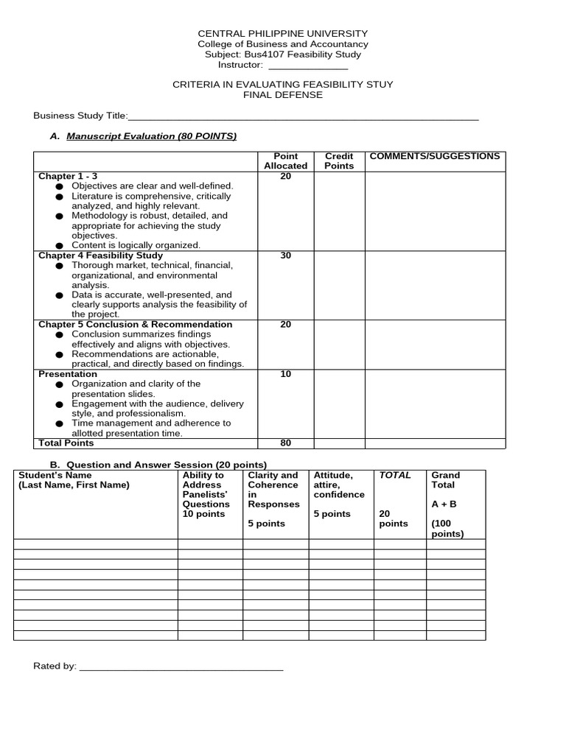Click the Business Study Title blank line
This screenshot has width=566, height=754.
pyautogui.click(x=304, y=117)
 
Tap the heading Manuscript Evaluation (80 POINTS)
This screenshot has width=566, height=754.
pyautogui.click(x=152, y=136)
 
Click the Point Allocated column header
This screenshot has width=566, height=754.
pyautogui.click(x=285, y=161)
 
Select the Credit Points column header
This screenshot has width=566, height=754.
pyautogui.click(x=339, y=161)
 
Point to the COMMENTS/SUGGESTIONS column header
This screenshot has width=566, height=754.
pyautogui.click(x=434, y=156)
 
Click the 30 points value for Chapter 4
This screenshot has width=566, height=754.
pyautogui.click(x=286, y=256)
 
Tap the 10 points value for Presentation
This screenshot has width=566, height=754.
pyautogui.click(x=286, y=374)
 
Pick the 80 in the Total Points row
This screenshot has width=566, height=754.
pyautogui.click(x=286, y=443)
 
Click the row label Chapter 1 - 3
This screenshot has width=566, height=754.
pyautogui.click(x=68, y=177)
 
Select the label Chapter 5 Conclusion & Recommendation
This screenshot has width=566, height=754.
pyautogui.click(x=135, y=325)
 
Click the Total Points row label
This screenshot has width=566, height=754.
pyautogui.click(x=67, y=443)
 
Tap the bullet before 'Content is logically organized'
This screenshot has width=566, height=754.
pyautogui.click(x=59, y=245)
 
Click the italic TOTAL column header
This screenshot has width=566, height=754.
pyautogui.click(x=394, y=476)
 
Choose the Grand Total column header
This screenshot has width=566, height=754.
pyautogui.click(x=445, y=480)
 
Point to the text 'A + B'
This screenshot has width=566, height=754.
pyautogui.click(x=444, y=505)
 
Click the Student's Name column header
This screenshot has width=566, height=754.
pyautogui.click(x=73, y=480)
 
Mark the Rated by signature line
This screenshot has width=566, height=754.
pyautogui.click(x=181, y=669)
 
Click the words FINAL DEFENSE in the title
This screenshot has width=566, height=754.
pyautogui.click(x=283, y=95)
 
